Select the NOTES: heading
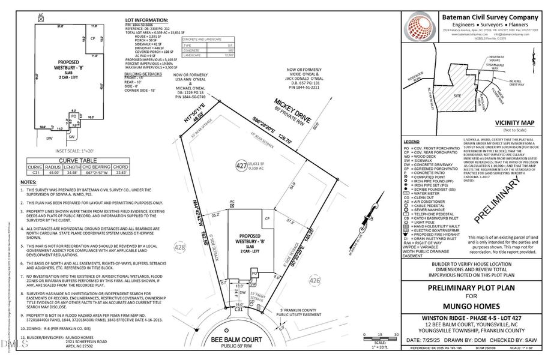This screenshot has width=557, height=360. coord(28,182)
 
